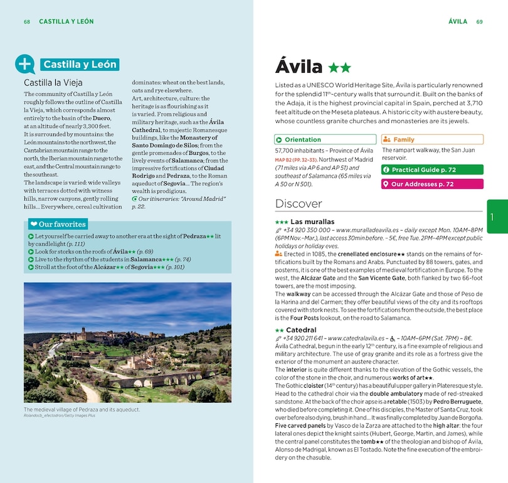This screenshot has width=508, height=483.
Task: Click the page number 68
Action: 27,21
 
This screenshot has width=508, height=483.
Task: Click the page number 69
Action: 479,21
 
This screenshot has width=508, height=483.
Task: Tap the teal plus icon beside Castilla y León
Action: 25,64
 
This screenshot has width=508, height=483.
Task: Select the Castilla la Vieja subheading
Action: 53,82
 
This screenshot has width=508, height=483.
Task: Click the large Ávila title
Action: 299,66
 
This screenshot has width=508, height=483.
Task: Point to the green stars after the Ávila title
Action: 340,67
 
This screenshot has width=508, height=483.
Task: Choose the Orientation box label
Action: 302,140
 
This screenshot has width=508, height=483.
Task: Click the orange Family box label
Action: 403,140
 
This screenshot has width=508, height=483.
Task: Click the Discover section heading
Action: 299,204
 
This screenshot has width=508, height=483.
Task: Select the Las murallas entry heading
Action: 312,222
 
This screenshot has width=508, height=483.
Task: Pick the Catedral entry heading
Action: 301,330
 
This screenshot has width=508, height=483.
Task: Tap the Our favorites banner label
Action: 62,225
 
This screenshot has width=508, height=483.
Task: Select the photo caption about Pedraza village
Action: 82,410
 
